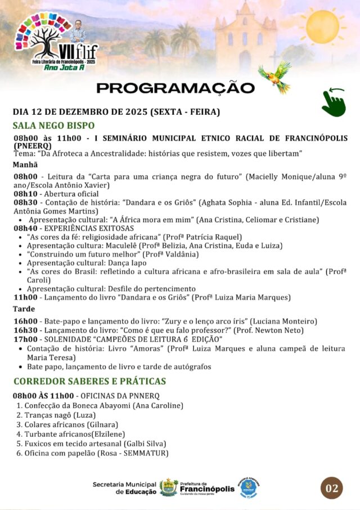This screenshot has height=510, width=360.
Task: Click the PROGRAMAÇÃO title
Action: point(175,88)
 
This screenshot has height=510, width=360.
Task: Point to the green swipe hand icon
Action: point(334,102)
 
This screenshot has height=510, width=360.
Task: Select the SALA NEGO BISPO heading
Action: point(53,126)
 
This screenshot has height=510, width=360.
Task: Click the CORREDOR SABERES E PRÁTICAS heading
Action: point(89,381)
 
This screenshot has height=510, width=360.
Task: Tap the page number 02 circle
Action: point(332,487)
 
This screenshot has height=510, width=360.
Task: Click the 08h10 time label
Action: point(25,193)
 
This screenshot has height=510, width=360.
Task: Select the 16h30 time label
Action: point(25,330)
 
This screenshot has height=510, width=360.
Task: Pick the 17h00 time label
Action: point(25,339)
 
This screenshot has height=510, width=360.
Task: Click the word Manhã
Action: point(25,165)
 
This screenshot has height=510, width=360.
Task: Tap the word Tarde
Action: point(24,309)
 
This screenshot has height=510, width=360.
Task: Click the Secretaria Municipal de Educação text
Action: point(125,487)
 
